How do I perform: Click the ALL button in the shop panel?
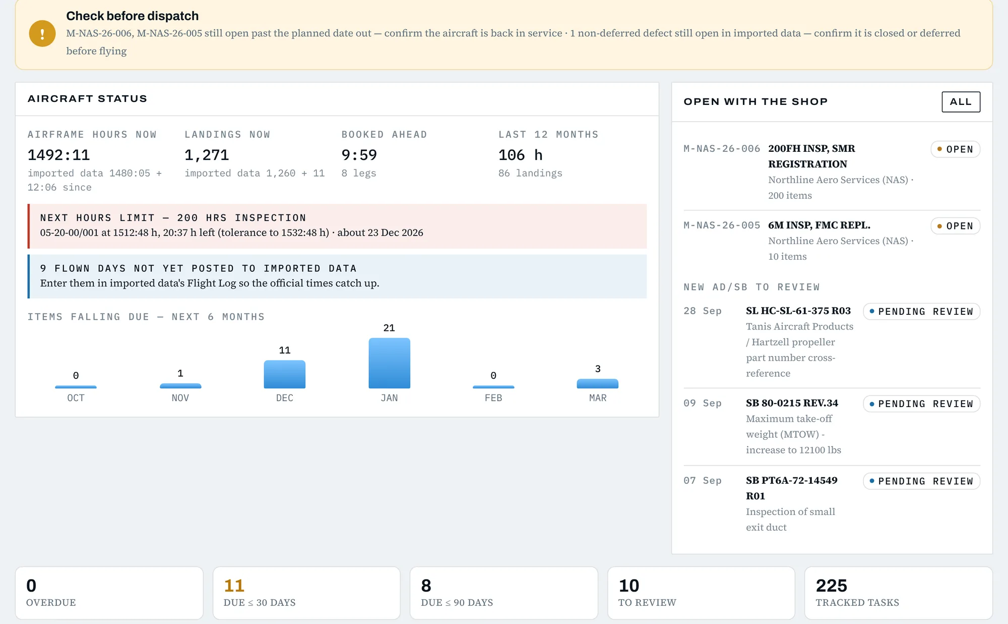tap(961, 102)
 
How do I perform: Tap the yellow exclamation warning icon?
tap(42, 33)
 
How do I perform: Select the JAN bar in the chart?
tap(389, 363)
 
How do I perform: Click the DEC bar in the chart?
tap(285, 374)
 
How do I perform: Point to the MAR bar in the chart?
tap(598, 384)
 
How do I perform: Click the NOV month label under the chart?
tap(180, 398)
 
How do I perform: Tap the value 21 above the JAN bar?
tap(389, 328)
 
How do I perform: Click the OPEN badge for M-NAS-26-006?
tap(955, 149)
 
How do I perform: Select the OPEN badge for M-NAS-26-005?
tap(955, 226)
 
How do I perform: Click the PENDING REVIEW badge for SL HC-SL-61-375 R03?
tap(921, 312)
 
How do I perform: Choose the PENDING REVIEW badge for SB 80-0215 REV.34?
tap(921, 404)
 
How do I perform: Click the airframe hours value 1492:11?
tap(58, 155)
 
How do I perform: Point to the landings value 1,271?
tap(207, 155)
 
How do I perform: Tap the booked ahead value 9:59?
tap(359, 155)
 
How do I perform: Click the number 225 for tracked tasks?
tap(832, 586)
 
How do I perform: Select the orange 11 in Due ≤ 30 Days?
tap(234, 586)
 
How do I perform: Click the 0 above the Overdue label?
tap(31, 586)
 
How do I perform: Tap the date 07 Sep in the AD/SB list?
tap(703, 481)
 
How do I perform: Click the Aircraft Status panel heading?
tap(87, 99)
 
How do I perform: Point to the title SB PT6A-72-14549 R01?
tap(792, 488)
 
